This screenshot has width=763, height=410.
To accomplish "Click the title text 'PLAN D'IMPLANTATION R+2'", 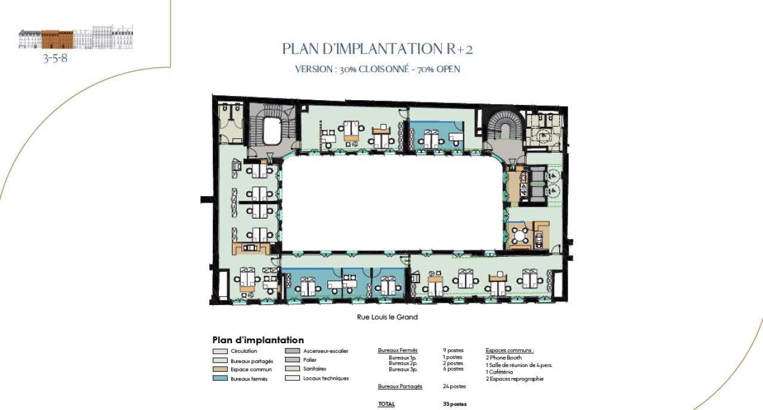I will click(377, 49).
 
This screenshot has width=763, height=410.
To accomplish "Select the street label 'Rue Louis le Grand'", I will click(387, 317).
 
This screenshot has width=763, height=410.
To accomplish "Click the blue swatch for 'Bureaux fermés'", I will click(219, 379).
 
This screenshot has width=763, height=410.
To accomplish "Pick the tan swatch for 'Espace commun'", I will click(219, 369).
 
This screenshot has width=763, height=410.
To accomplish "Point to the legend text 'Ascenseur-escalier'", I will click(325, 351).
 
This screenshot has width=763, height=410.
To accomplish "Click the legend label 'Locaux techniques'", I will click(325, 378).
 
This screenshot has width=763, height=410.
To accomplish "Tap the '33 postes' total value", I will click(454, 404).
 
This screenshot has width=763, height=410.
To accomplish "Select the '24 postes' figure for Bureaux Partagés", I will click(454, 386).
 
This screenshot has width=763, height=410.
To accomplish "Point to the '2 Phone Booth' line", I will click(504, 358).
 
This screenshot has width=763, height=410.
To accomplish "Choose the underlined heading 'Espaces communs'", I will click(510, 350).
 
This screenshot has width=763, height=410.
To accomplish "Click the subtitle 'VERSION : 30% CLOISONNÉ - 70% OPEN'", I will click(377, 69).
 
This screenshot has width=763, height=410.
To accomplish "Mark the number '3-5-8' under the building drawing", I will click(55, 58).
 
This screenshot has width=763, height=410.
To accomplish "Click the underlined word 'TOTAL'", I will click(386, 404).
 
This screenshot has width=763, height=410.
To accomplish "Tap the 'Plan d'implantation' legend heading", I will click(258, 340).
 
